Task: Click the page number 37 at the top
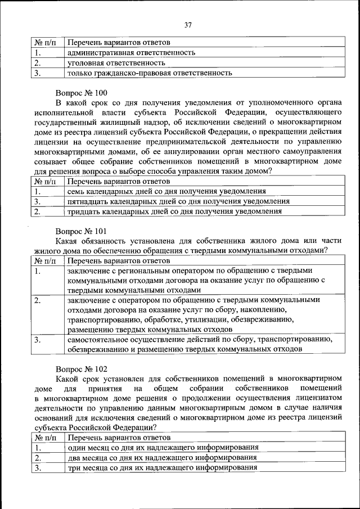pyautogui.click(x=187, y=24)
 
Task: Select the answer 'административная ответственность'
pyautogui.click(x=130, y=52)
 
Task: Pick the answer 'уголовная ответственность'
pyautogui.click(x=115, y=62)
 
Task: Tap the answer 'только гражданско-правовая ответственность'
pyautogui.click(x=150, y=73)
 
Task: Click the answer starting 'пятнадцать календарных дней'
pyautogui.click(x=178, y=201)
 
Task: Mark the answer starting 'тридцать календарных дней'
pyautogui.click(x=174, y=211)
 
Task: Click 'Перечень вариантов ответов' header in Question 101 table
pyautogui.click(x=118, y=261)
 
